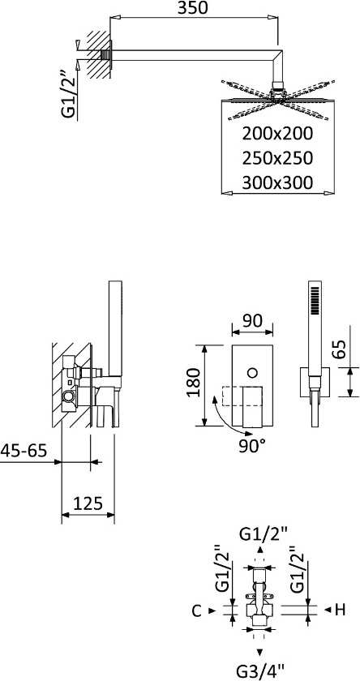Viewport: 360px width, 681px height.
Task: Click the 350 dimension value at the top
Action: (x=194, y=8)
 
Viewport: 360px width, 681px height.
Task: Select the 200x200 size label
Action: (x=277, y=134)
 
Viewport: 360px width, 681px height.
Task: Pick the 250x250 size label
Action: (x=277, y=158)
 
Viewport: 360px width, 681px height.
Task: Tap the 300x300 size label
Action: (x=277, y=182)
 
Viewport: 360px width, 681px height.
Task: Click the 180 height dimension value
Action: (x=194, y=383)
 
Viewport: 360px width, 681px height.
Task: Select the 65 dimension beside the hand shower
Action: (x=341, y=349)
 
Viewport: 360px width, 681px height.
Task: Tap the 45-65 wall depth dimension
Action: (x=23, y=451)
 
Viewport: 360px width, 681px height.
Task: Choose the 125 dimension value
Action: (x=88, y=503)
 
